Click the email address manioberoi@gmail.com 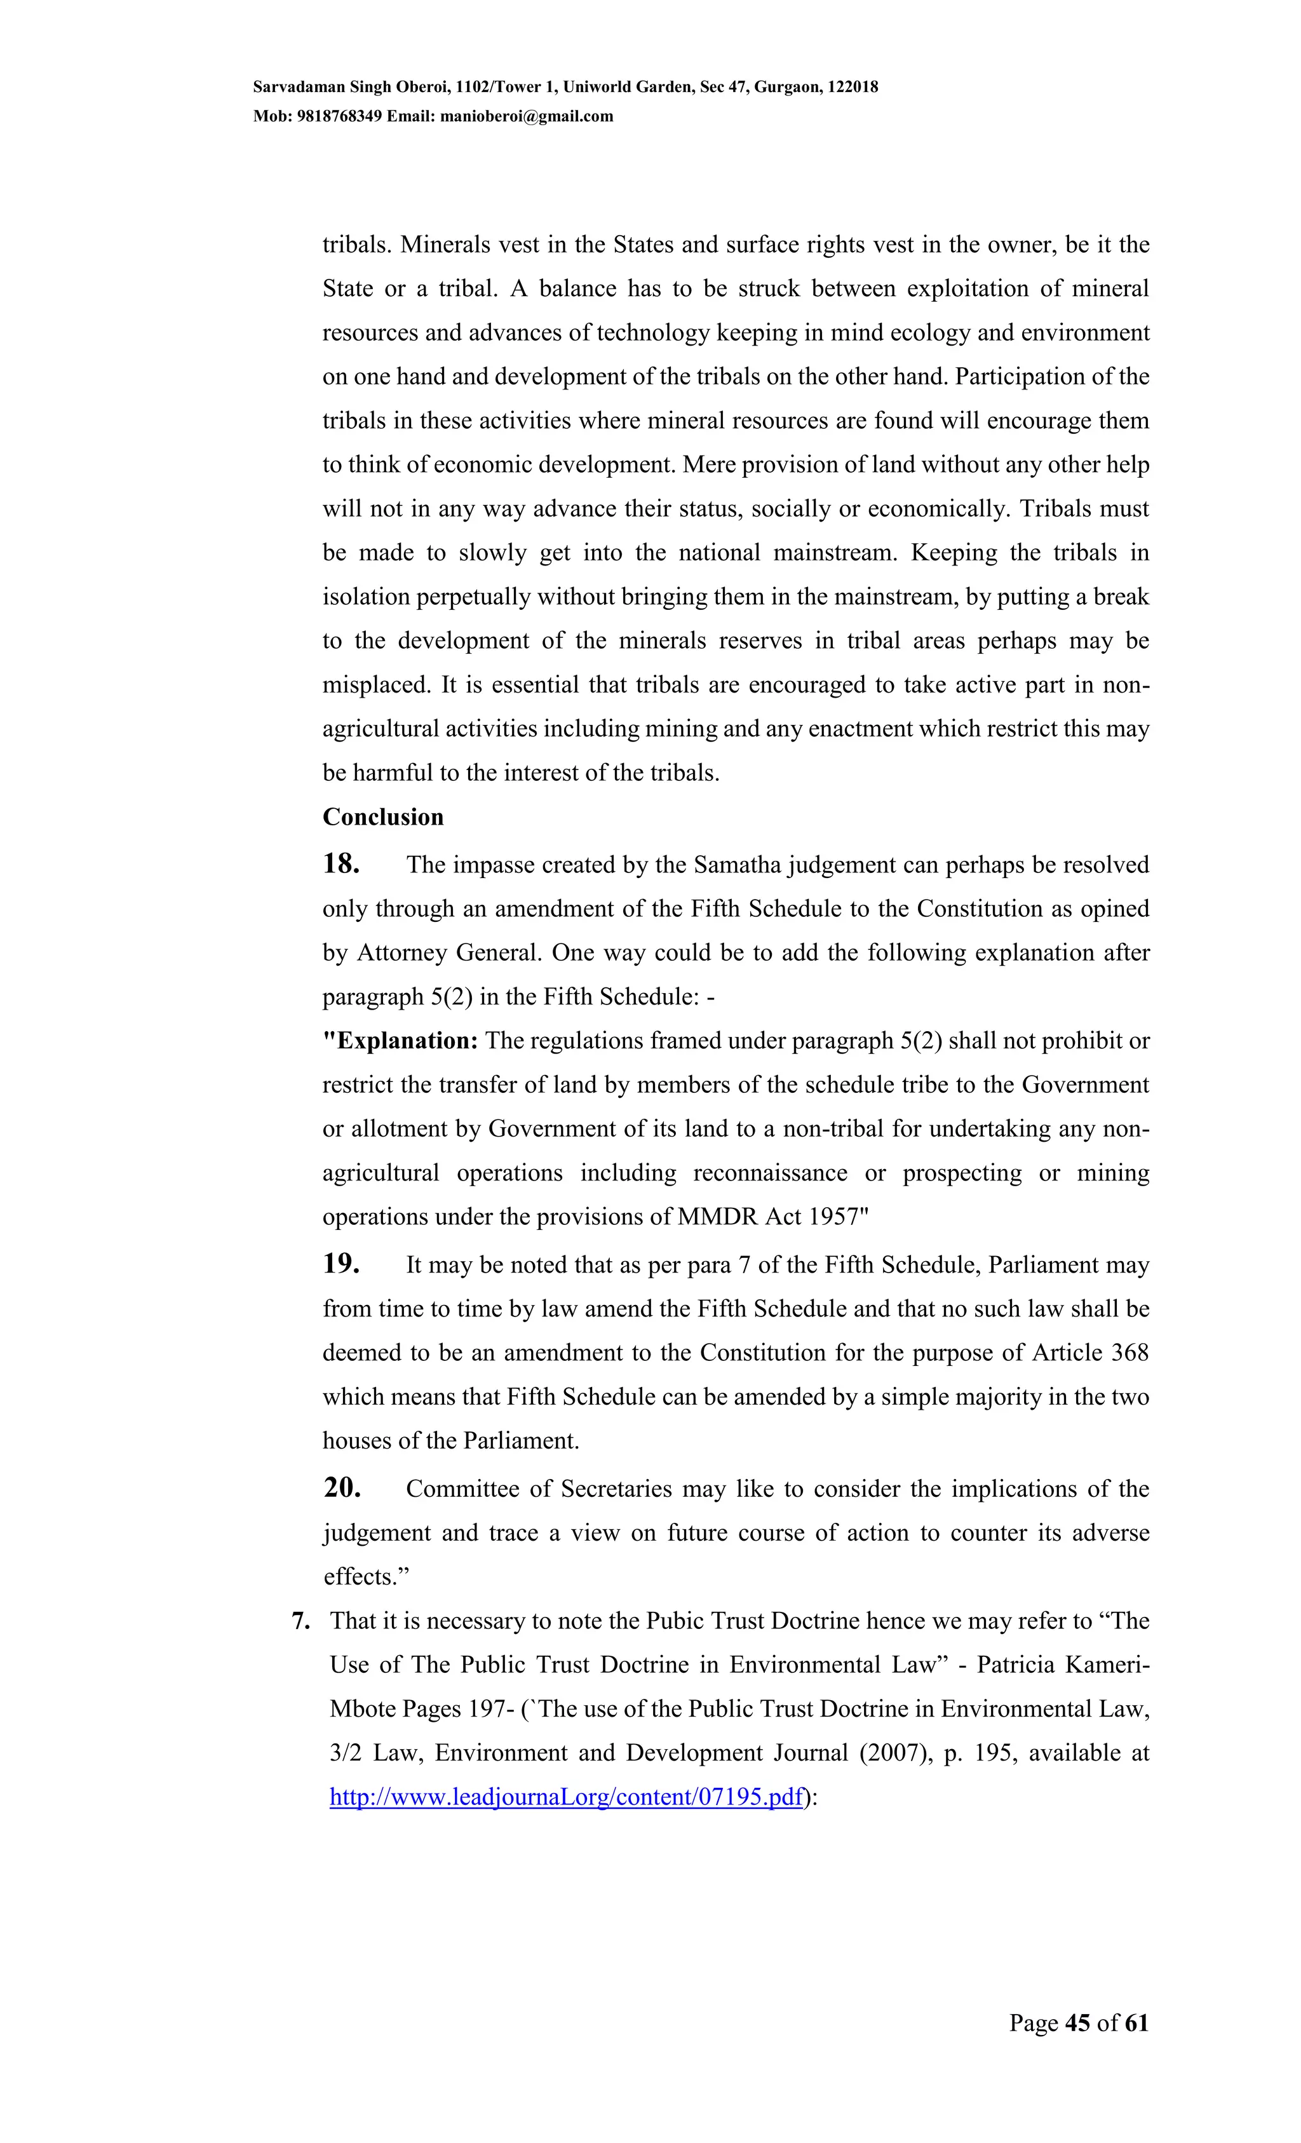(x=526, y=116)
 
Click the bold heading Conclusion (x=382, y=816)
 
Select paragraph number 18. (x=341, y=863)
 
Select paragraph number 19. (x=341, y=1264)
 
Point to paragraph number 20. (x=342, y=1488)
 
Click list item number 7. (x=301, y=1621)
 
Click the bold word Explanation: (x=401, y=1041)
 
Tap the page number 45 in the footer (x=1077, y=2023)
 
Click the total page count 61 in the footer (x=1136, y=2023)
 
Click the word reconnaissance (x=770, y=1173)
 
